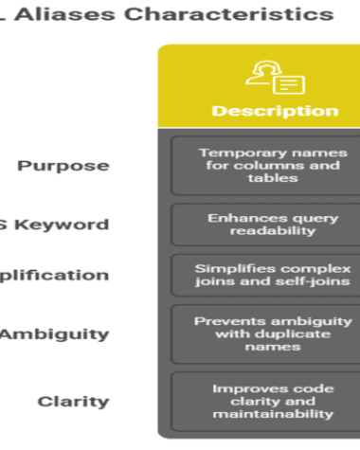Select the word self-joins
pos(295,281)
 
